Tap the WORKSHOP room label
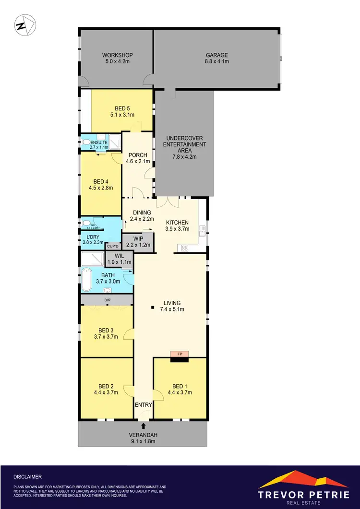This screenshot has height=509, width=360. (117, 58)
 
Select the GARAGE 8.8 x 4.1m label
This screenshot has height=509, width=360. (217, 58)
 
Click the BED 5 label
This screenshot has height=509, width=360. (122, 111)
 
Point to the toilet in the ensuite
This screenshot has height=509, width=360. (86, 142)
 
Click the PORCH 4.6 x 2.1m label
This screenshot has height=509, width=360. (136, 158)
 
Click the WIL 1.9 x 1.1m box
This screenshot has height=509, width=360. (120, 260)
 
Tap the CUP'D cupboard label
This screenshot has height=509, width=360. (113, 246)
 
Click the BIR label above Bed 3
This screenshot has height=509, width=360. (107, 300)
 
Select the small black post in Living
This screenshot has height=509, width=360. (152, 308)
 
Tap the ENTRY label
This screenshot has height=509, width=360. (143, 405)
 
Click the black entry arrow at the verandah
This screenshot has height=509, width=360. (143, 425)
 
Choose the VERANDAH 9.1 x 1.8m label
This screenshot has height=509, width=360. (143, 438)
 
